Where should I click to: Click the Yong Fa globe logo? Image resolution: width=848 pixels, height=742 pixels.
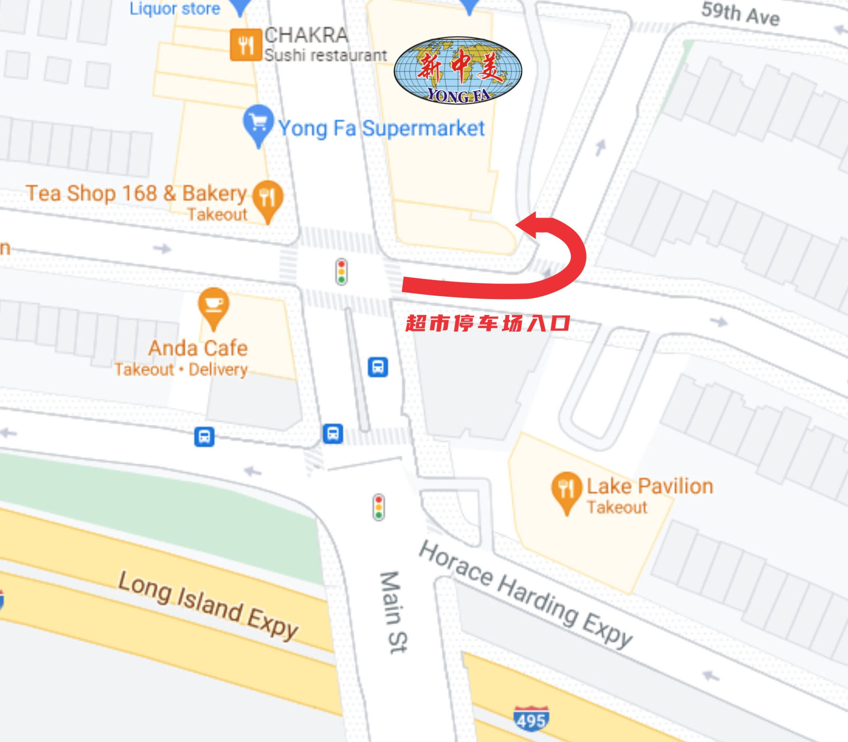[x=458, y=71]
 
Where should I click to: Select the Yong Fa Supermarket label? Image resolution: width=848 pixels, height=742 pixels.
[x=381, y=128]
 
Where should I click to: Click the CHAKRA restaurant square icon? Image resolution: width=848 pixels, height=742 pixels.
[x=246, y=45]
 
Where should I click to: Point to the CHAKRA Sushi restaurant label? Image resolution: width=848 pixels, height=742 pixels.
[x=325, y=45]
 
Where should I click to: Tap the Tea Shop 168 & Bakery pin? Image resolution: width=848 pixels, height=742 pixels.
[x=268, y=199]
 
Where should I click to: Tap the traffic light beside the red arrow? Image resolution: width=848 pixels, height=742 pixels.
[x=342, y=272]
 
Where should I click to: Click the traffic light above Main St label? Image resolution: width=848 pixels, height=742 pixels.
[x=378, y=507]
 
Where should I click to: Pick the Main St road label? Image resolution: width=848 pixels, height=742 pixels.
[x=394, y=613]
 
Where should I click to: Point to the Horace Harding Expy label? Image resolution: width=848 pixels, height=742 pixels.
[x=525, y=595]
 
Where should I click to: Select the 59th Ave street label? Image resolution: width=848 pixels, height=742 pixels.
[x=740, y=14]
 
